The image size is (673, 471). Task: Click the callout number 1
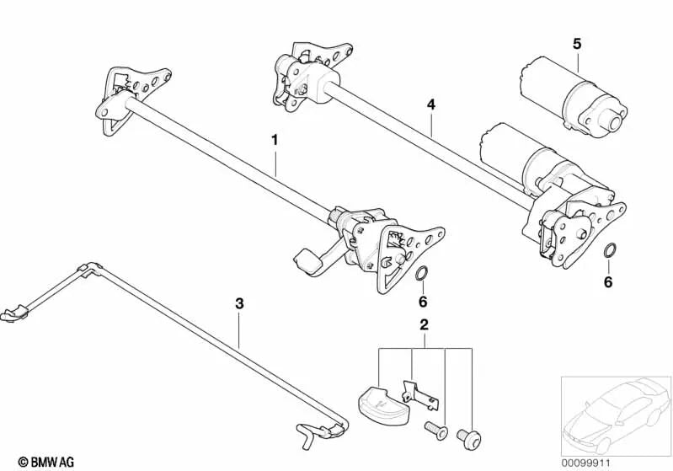tap(275, 141)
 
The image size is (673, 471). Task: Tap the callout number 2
tap(424, 325)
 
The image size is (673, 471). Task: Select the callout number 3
tap(239, 304)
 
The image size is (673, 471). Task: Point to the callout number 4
tap(431, 104)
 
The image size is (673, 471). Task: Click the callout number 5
tap(577, 44)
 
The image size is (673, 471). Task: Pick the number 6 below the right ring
tap(608, 282)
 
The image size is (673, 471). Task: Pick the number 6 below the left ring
tap(423, 302)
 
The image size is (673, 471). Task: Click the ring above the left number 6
tap(421, 272)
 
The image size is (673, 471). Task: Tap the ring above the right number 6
tap(610, 250)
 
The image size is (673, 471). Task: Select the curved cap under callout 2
tap(384, 401)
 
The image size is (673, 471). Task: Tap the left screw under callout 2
tap(435, 431)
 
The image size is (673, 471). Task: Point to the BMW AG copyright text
tap(46, 462)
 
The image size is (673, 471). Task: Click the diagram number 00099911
tap(585, 463)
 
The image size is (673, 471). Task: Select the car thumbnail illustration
tap(616, 415)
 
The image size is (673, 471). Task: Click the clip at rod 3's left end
tap(14, 313)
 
